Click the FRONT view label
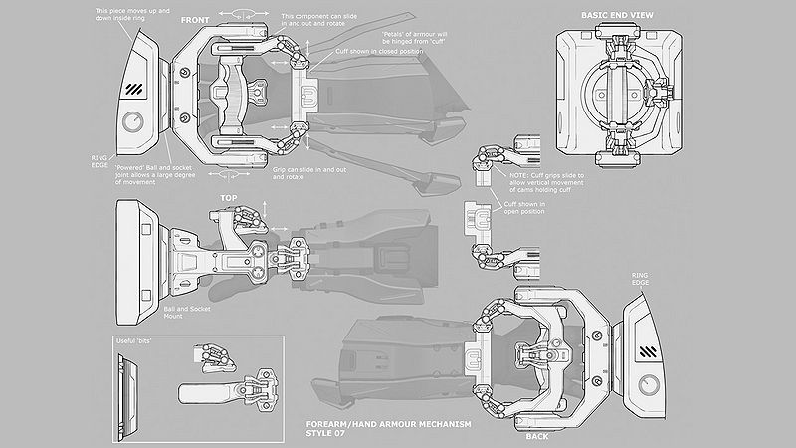tap(194, 20)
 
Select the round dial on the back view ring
tap(653, 384)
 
